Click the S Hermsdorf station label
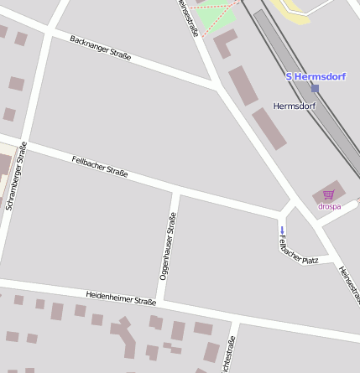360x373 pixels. click(312, 76)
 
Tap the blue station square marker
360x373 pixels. click(315, 87)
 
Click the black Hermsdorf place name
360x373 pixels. click(295, 106)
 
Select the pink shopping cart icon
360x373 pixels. click(328, 194)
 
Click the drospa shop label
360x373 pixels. click(329, 206)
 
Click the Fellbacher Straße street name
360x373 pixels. click(100, 166)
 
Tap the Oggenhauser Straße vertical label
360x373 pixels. click(168, 246)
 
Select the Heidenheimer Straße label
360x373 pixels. click(121, 298)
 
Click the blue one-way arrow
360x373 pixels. click(282, 230)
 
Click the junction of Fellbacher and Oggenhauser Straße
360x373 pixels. click(176, 191)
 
